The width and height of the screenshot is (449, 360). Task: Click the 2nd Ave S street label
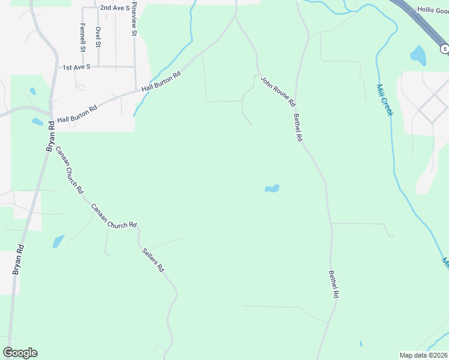tap(115, 8)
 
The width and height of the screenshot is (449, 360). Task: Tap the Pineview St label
tap(134, 19)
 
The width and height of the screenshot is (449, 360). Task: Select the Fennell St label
tap(83, 37)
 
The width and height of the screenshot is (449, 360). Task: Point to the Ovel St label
tap(98, 37)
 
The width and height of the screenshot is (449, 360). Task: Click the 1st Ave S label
tap(76, 67)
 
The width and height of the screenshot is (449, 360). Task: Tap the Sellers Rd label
tap(152, 260)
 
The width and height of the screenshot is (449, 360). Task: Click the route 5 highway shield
tap(444, 48)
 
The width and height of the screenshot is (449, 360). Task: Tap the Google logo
tap(20, 353)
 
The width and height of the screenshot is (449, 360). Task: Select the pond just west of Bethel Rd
tap(272, 189)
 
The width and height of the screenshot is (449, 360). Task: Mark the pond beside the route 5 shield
tap(418, 56)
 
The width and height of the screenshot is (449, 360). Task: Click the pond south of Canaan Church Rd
tap(58, 241)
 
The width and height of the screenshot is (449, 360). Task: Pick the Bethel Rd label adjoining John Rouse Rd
tap(298, 127)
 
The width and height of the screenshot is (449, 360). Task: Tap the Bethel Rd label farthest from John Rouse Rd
tap(334, 285)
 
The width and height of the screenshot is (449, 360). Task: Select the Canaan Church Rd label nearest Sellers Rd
tap(114, 217)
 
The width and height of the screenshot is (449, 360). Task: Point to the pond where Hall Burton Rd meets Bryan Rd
tap(37, 122)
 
